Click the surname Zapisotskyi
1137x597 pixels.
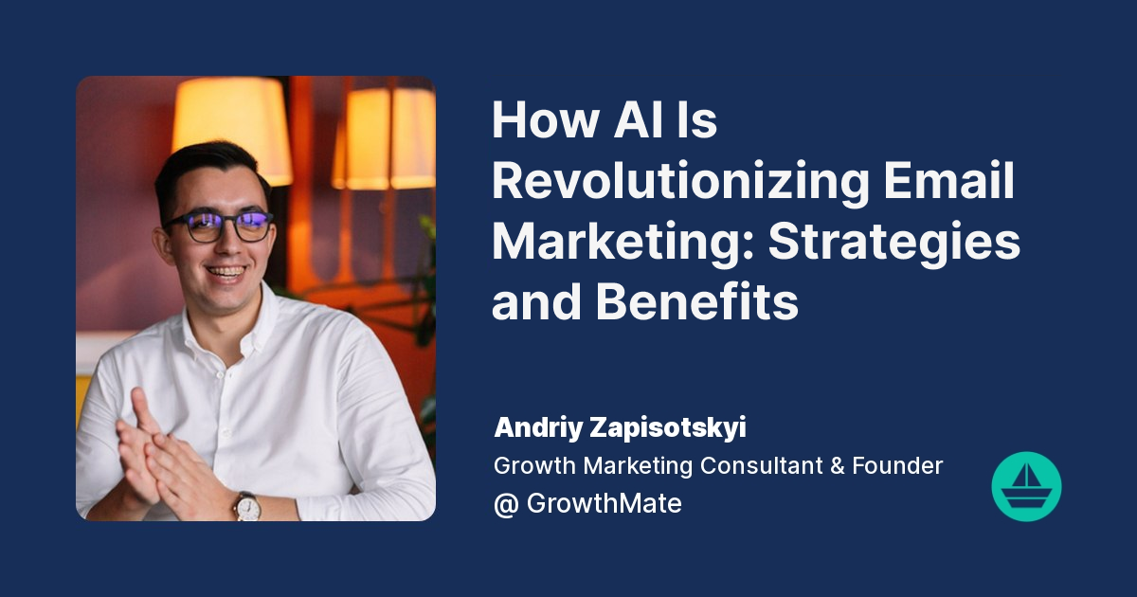pyautogui.click(x=676, y=427)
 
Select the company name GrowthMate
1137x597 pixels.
pyautogui.click(x=604, y=503)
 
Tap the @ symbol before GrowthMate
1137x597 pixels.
pyautogui.click(x=505, y=503)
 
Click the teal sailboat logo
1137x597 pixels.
pyautogui.click(x=1026, y=486)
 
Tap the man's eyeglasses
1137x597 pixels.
pyautogui.click(x=219, y=226)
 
